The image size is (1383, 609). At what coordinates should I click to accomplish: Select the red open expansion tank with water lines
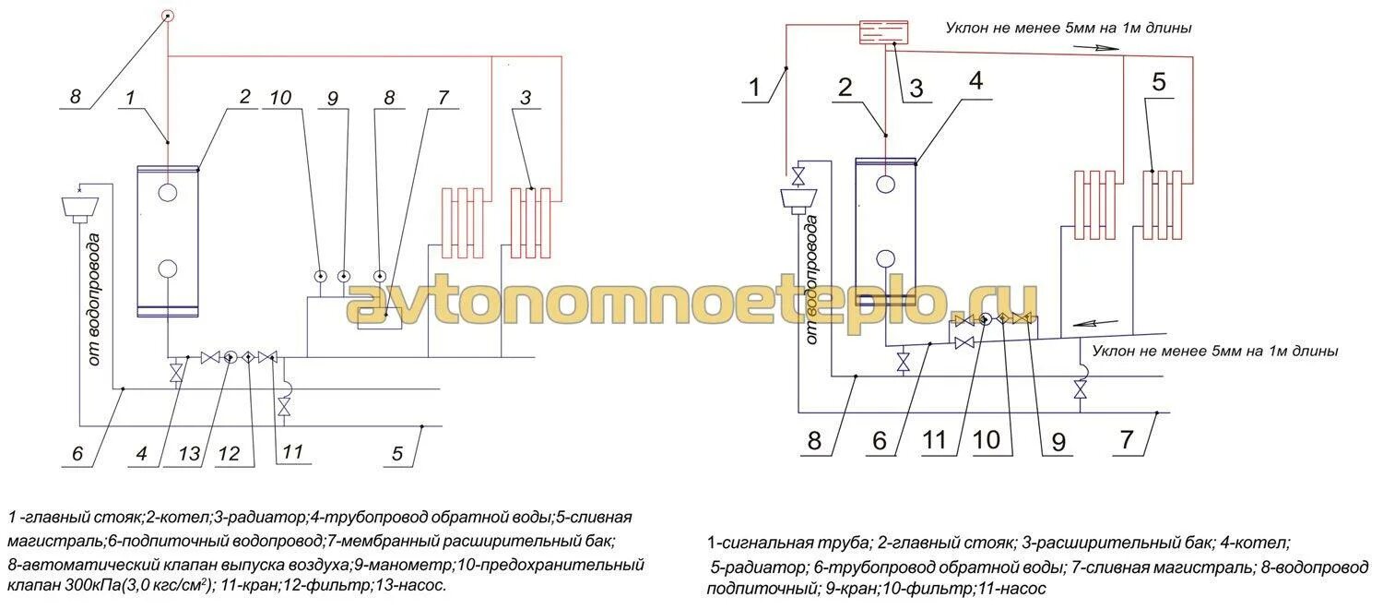click(882, 32)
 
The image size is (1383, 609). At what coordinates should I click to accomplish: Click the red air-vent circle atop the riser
click(167, 15)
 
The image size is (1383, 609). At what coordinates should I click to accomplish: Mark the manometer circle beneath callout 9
click(343, 275)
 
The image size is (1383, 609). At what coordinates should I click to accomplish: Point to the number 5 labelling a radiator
click(1158, 81)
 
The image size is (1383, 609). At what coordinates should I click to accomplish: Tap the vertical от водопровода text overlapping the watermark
click(812, 281)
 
